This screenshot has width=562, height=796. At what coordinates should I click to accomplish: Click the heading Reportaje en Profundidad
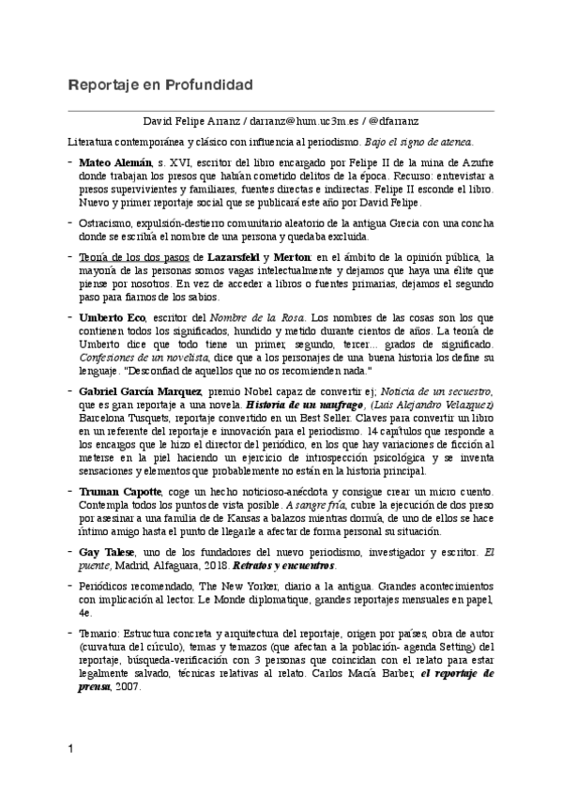pyautogui.click(x=160, y=86)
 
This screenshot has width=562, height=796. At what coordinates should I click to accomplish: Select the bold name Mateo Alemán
pyautogui.click(x=115, y=163)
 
